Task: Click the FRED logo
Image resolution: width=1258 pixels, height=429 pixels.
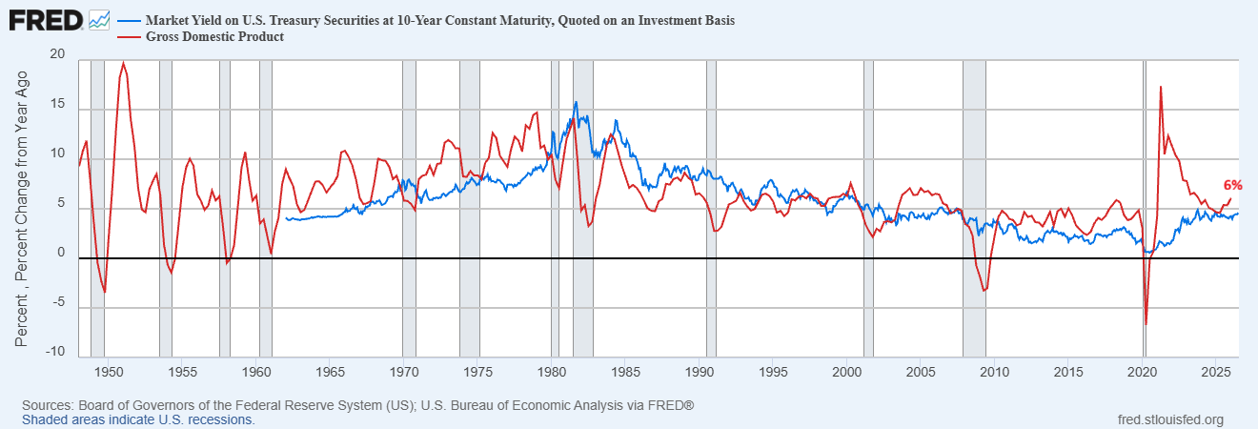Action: coord(46,21)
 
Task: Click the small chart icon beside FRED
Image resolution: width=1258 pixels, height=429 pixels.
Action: coord(99,21)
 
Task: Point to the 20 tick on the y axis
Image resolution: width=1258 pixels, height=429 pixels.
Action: coord(57,54)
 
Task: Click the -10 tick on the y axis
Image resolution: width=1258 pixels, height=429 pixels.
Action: coord(55,352)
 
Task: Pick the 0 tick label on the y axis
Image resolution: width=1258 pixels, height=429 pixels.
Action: coord(61,253)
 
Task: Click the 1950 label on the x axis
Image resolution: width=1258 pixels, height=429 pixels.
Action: coord(108,372)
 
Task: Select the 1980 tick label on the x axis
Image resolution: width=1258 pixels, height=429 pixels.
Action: coord(552,372)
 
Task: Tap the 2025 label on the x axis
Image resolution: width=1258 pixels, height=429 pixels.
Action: coord(1216,372)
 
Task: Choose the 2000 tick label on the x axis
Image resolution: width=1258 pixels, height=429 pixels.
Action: coord(847,372)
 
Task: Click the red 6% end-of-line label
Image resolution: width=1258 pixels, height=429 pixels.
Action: coord(1232,185)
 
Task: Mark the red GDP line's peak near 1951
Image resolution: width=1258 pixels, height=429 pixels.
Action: coord(124,63)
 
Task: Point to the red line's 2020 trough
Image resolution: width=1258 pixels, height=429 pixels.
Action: coord(1146,324)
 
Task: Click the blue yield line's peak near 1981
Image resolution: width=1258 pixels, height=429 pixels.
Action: coord(576,102)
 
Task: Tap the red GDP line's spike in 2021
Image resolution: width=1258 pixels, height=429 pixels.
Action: coord(1160,87)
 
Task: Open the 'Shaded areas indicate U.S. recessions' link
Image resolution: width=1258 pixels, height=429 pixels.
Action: coord(138,420)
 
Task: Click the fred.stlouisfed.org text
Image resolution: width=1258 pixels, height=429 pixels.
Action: coord(1170,420)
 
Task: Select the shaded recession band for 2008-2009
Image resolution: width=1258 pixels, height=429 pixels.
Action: coord(974,208)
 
